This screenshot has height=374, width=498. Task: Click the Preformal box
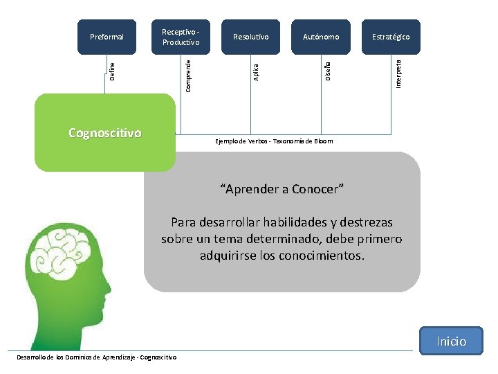coord(107,37)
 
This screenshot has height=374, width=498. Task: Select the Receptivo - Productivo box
coord(181,37)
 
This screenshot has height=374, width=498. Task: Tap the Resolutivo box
coord(251,37)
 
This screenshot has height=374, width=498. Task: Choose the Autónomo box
coord(321,37)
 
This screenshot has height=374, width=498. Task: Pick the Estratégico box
coord(391,37)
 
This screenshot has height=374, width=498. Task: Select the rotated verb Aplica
coord(256,72)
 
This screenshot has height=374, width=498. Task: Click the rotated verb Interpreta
coord(399,73)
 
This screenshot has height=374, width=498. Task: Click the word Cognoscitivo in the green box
coord(105,132)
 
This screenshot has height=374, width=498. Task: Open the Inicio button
coord(451,341)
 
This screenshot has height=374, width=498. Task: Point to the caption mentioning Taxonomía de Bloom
coord(274,141)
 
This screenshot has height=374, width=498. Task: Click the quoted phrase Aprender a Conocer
coord(282,189)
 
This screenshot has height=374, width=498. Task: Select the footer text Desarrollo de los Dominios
coord(96,357)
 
